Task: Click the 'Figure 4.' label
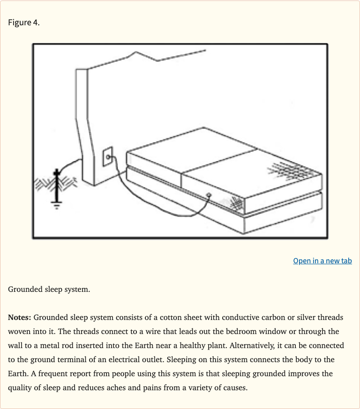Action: pos(24,23)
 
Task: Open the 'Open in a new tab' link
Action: pos(322,261)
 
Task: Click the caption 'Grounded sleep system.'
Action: pos(49,289)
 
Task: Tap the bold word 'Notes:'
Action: pos(19,318)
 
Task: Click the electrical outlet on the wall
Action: pos(107,157)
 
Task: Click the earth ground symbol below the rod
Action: pos(57,206)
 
